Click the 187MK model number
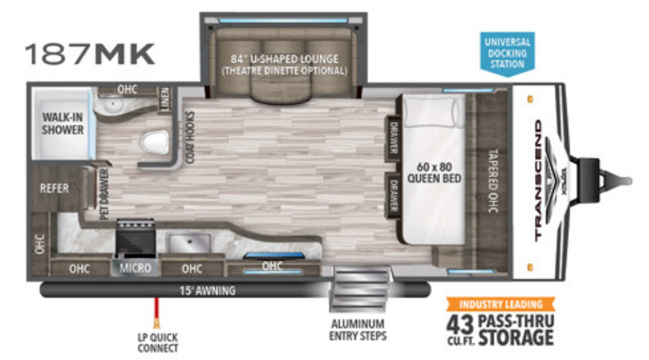(90, 54)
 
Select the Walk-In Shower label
(62, 123)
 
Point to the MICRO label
(135, 268)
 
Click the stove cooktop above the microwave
(134, 236)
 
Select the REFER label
(54, 188)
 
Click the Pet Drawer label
(104, 196)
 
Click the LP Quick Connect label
(158, 342)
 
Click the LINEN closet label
(164, 100)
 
